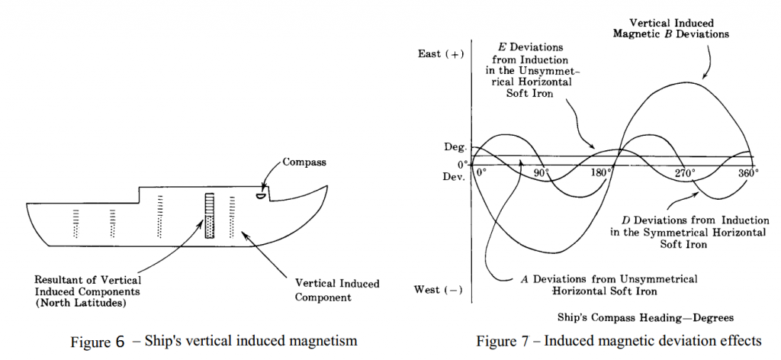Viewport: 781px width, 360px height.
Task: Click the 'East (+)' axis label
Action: (x=441, y=54)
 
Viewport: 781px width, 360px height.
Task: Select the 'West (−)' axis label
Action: (x=440, y=290)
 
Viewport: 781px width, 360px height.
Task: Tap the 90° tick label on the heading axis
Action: (x=541, y=172)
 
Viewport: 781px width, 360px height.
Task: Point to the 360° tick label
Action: (x=747, y=172)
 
